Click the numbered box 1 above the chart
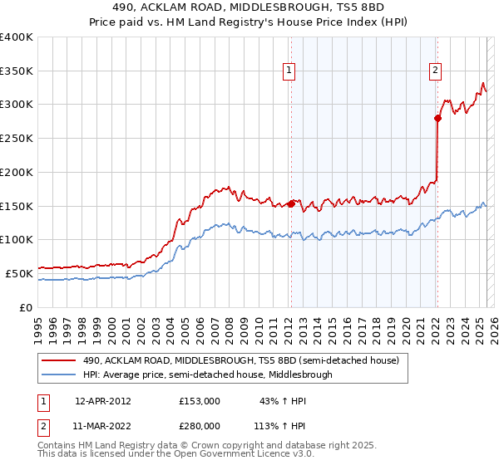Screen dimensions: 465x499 (289, 71)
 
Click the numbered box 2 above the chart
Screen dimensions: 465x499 (435, 71)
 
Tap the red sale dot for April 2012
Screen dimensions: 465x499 (291, 203)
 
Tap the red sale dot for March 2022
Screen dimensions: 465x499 (437, 118)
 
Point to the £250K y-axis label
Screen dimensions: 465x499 (17, 139)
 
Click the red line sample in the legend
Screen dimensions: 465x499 (59, 361)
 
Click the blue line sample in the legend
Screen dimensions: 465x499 (59, 375)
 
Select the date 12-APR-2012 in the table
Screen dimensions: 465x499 (103, 401)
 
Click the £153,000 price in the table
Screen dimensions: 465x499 (200, 401)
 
